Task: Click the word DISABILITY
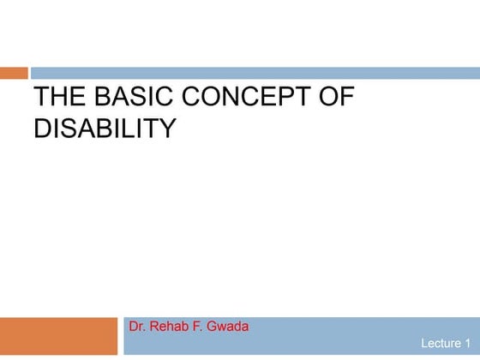104,129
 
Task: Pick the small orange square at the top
14,73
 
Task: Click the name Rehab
172,327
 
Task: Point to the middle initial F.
201,327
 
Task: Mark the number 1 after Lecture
468,344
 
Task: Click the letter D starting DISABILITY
43,129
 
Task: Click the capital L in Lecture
424,344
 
